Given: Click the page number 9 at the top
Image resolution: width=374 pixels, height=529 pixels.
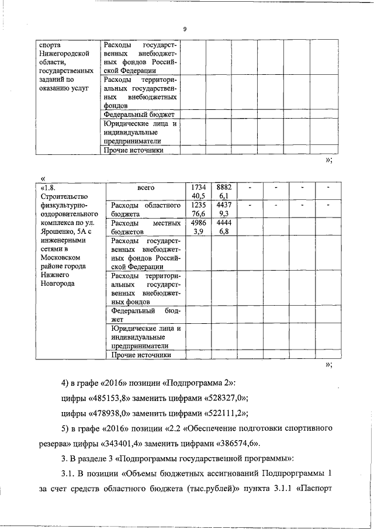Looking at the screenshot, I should click(184, 29).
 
